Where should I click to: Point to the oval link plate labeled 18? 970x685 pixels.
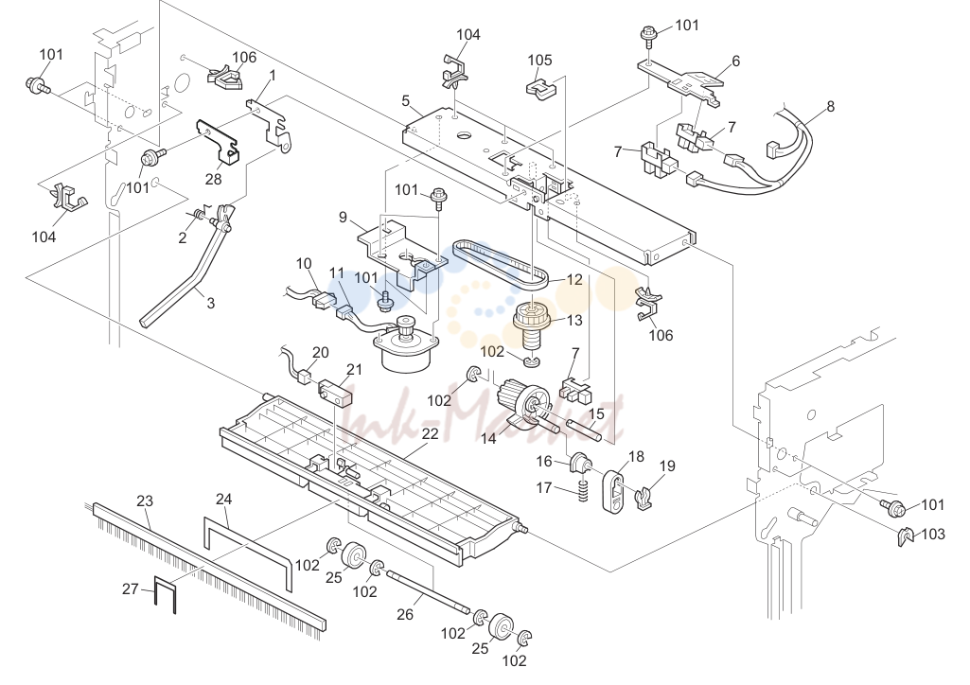(613, 491)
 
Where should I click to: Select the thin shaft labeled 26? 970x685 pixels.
(426, 593)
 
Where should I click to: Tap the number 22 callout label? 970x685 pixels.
(430, 434)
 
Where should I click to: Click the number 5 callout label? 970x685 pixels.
(406, 100)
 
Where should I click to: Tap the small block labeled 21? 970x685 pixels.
(334, 394)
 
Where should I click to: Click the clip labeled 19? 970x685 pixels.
(645, 497)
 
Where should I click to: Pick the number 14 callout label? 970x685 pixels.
(488, 438)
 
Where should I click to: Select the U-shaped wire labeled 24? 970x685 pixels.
(247, 544)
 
